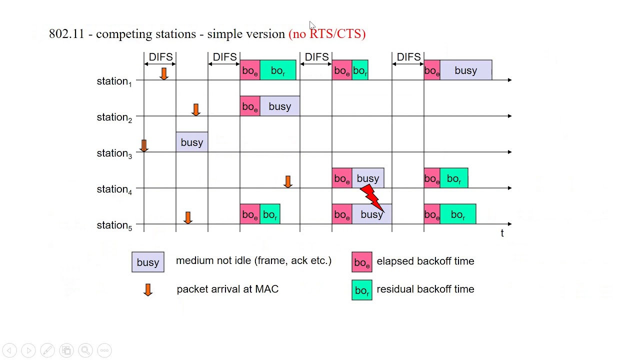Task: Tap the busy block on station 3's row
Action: [192, 142]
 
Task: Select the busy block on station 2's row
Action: [279, 106]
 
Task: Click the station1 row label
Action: [114, 81]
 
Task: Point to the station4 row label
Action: [114, 189]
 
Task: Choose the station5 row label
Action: [114, 225]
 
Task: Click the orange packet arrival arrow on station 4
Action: [287, 181]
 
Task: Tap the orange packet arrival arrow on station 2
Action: [195, 109]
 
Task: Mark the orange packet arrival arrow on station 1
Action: [163, 73]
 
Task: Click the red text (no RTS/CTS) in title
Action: [327, 34]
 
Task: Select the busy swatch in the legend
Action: [148, 262]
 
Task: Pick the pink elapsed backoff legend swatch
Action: [361, 262]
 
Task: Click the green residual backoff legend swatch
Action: [361, 290]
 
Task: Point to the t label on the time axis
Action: [502, 233]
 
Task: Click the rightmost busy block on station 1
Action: [465, 70]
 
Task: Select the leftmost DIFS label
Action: [160, 57]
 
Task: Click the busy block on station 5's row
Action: [371, 214]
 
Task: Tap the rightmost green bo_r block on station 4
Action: [454, 178]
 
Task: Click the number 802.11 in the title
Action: [66, 34]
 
